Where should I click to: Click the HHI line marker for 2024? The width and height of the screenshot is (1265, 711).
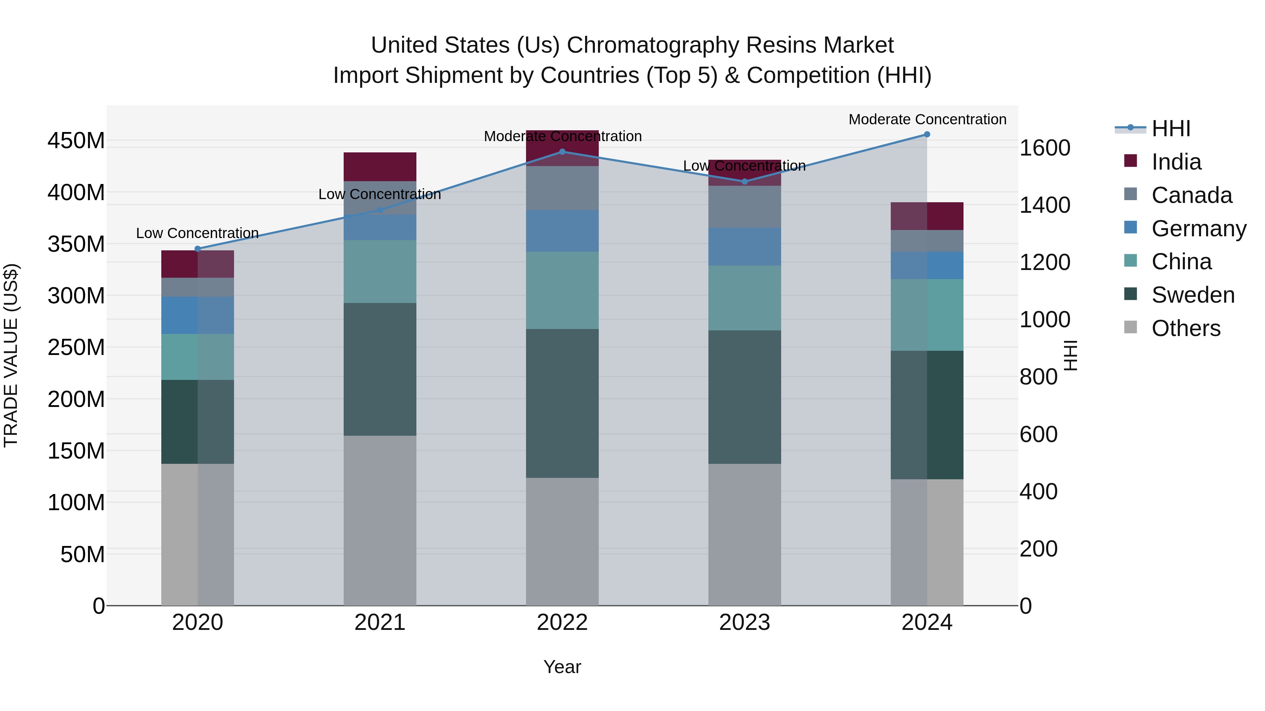[x=927, y=134]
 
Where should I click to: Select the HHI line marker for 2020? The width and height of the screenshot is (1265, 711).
[x=198, y=249]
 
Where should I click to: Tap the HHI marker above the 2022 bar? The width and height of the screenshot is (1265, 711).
[x=562, y=152]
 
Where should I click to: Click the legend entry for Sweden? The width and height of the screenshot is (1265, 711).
[x=1192, y=295]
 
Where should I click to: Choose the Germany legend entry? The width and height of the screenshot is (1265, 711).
[x=1198, y=229]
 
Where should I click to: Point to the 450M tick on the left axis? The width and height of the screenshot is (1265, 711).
[x=76, y=141]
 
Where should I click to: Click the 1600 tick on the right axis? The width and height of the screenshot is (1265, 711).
[x=1045, y=148]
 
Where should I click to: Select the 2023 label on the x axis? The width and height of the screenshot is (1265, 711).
[x=745, y=623]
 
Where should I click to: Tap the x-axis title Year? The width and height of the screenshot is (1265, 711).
[x=562, y=667]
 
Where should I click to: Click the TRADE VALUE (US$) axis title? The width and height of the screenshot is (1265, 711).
[x=11, y=355]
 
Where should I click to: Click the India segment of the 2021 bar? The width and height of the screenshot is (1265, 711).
[x=379, y=167]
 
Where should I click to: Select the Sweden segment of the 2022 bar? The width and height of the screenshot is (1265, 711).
[x=562, y=403]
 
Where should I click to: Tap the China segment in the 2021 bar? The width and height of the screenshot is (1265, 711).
[x=379, y=271]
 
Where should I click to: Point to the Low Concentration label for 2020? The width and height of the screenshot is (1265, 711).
[x=197, y=233]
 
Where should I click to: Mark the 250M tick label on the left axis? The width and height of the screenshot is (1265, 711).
[x=76, y=347]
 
